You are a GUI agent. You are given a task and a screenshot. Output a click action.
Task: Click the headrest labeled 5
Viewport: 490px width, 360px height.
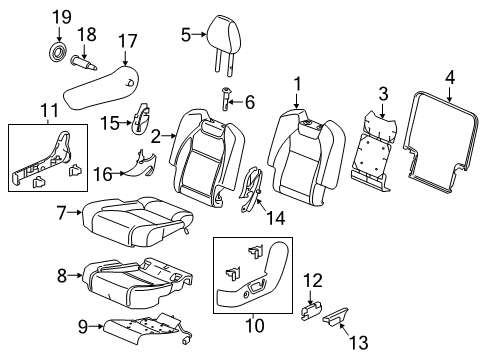(224, 38)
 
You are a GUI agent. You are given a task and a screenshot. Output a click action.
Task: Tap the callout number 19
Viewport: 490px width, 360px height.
(62, 17)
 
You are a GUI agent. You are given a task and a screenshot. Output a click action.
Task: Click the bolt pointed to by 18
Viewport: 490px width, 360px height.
(84, 63)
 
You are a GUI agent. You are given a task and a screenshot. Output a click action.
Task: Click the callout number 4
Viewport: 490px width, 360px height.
(450, 78)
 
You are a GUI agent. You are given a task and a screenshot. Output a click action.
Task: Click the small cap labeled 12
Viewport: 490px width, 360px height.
(311, 310)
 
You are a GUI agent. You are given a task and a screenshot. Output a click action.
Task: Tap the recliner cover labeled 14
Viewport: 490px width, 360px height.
(252, 189)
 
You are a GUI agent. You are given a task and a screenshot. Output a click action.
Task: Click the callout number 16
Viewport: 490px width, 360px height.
(103, 174)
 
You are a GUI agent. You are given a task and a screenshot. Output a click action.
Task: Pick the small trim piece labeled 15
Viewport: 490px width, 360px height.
(142, 118)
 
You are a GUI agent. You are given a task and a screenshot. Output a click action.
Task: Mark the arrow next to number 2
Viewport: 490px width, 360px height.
(169, 136)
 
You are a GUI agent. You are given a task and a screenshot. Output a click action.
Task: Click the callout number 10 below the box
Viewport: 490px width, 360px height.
(255, 325)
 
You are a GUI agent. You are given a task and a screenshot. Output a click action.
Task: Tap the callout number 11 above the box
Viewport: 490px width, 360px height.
(49, 110)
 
